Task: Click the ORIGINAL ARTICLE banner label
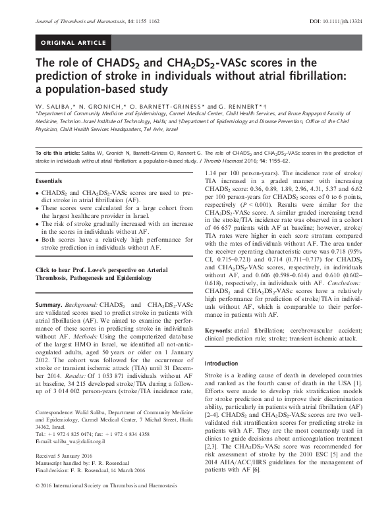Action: [74, 42]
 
